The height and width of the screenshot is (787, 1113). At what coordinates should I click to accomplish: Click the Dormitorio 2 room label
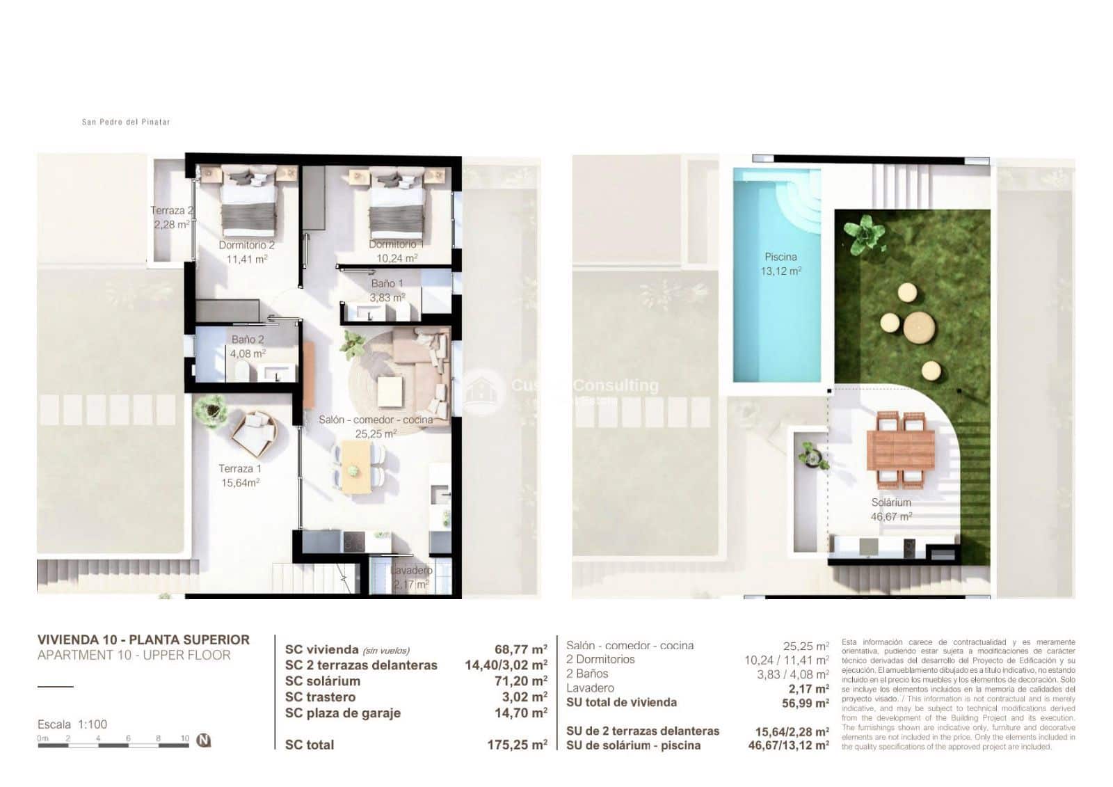pos(246,245)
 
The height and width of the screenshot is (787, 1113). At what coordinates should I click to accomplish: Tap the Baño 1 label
pos(387,283)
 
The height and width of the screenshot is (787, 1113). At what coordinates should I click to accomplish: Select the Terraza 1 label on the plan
pos(239,468)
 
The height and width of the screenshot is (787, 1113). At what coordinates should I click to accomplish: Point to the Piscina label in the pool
pos(780,257)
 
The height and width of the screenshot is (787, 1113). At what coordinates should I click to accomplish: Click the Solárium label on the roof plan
pos(891,502)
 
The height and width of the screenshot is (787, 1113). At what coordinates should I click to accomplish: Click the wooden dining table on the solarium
pos(901,450)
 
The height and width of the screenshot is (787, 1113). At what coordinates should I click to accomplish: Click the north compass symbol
pos(203,740)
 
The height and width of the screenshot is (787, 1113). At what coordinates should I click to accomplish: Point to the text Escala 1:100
pos(72,724)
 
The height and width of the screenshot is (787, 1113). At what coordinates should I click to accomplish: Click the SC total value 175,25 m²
pos(517,745)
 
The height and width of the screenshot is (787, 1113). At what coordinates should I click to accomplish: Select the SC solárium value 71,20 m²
pos(520,681)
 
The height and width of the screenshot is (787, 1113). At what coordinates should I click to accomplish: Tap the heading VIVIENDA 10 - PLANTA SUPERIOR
pos(143,639)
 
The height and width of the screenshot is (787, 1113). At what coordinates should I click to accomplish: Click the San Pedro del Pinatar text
pos(126,122)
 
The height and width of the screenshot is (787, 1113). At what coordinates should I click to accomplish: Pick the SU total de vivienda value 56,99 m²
pos(805,703)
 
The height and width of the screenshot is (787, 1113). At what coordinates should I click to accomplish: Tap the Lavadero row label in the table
pos(590,688)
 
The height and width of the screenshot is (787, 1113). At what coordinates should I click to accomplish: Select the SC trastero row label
pos(320,697)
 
